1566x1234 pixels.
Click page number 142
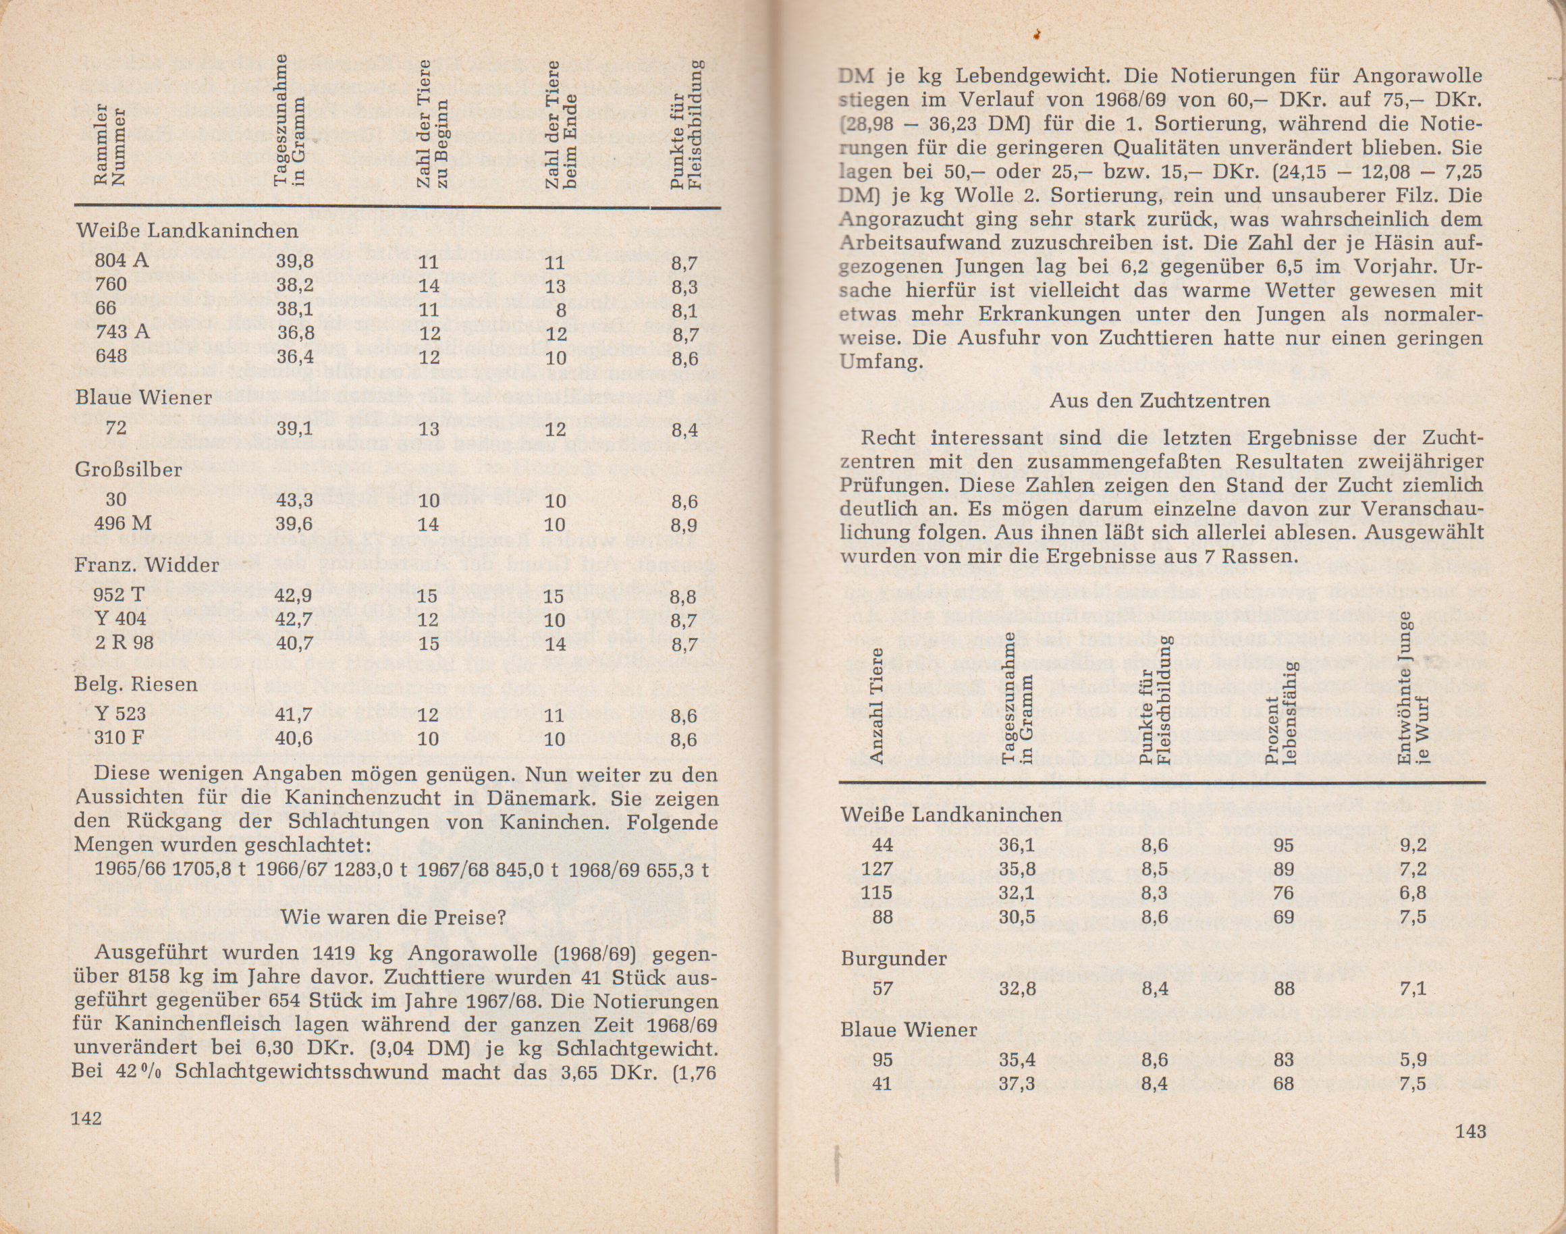pos(86,1119)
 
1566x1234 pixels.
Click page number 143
pos(1470,1131)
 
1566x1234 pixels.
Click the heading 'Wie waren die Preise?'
pos(392,917)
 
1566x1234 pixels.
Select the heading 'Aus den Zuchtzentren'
pos(1160,401)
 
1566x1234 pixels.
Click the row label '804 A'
pos(122,260)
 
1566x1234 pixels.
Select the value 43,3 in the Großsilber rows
pos(294,500)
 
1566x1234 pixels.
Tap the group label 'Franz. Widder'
pos(146,565)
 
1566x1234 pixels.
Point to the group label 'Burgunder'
pos(894,959)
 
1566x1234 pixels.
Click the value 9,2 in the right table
pos(1412,845)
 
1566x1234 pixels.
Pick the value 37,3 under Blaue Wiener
pos(1017,1083)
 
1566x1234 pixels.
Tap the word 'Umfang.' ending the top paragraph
pos(882,361)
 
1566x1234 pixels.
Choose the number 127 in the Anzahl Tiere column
pos(877,869)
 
